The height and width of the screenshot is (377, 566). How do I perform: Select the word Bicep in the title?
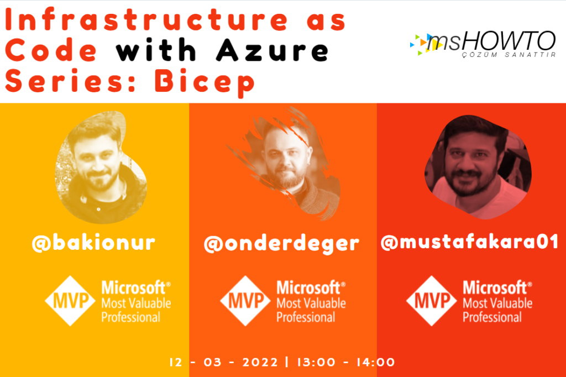205,83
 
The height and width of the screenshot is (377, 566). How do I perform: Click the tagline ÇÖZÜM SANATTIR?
509,55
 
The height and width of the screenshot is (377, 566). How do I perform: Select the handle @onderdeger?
281,244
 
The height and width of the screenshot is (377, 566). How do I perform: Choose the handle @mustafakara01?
470,242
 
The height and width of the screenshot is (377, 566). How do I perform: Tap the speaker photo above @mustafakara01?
477,167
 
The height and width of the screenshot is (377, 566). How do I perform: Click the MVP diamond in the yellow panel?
70,301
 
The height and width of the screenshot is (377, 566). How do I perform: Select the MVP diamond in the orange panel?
245,301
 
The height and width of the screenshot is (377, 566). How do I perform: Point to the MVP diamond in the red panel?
432,301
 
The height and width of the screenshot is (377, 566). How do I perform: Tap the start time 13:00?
316,362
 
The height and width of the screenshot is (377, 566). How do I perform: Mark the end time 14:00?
376,362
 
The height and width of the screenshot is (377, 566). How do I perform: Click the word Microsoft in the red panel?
497,288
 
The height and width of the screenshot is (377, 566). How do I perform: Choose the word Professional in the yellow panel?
130,317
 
